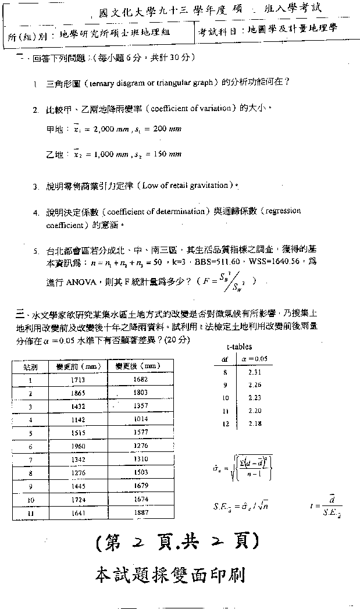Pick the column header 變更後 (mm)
tap(138, 366)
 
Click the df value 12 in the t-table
tap(225, 423)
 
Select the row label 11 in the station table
tap(30, 512)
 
